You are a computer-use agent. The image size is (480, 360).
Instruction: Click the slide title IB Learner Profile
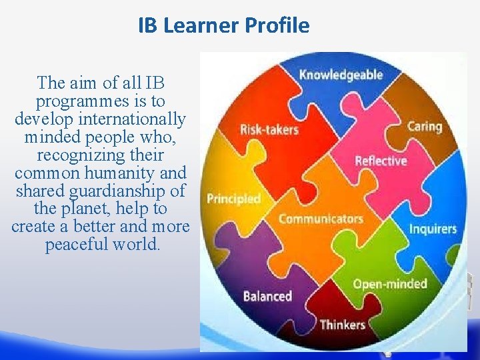click(224, 25)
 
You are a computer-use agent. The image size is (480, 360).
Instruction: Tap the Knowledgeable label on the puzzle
click(341, 74)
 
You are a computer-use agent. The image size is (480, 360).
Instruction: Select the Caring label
click(425, 126)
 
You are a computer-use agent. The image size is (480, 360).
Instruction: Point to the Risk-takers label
click(269, 129)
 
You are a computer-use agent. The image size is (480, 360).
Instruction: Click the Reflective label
click(381, 161)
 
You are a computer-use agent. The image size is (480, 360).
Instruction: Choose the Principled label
click(233, 199)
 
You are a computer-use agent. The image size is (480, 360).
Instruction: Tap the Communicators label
click(321, 219)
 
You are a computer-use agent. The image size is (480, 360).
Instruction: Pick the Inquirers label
click(433, 229)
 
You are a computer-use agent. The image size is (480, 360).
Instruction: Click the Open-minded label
click(390, 284)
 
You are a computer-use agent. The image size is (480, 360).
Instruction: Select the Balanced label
click(267, 295)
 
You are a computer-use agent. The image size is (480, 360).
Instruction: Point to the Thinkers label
click(343, 325)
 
